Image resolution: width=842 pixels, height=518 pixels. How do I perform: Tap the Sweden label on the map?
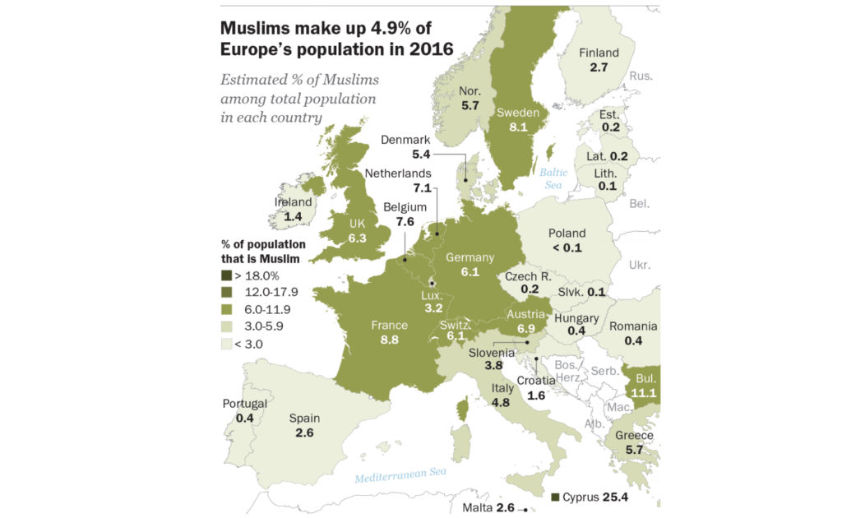coord(518,113)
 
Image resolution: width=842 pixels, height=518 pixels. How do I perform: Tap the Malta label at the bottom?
coord(476,508)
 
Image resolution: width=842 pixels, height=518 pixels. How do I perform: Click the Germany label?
coord(470,257)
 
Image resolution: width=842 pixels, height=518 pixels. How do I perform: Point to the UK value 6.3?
coord(356,238)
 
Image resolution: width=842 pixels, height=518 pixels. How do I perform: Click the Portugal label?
coord(244,404)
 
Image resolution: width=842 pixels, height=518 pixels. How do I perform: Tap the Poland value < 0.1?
coord(567,247)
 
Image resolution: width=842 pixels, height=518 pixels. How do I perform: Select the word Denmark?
coord(405,140)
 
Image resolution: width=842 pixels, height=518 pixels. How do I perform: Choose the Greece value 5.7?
coord(634,450)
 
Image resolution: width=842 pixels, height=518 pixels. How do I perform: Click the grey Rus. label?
coord(641,76)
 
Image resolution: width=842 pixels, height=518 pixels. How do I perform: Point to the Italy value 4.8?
coord(502,403)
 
